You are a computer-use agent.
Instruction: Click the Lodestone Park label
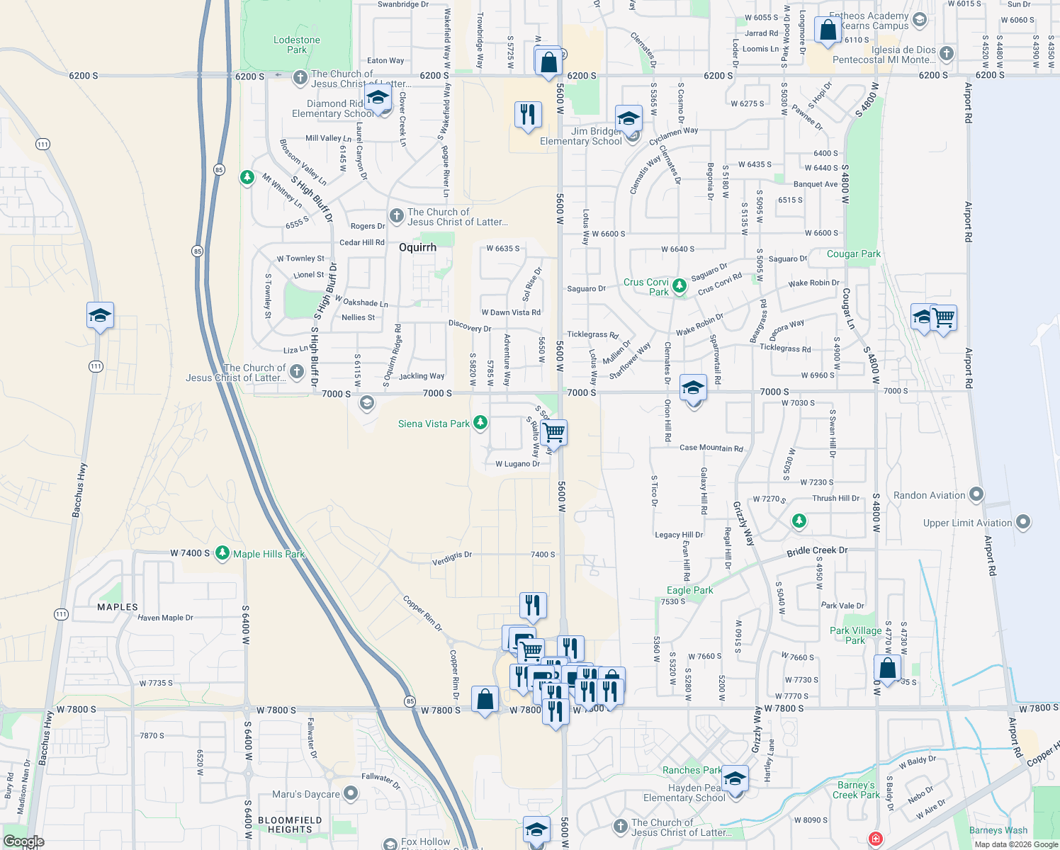[x=297, y=45]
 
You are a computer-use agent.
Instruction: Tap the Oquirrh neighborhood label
[x=417, y=247]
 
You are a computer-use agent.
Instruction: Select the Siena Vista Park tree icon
[x=480, y=423]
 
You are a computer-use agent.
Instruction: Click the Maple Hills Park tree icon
[x=222, y=552]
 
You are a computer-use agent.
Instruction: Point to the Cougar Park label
[x=854, y=254]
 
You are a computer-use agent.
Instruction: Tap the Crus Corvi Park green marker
[x=680, y=286]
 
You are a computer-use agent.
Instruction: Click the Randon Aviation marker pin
[x=976, y=494]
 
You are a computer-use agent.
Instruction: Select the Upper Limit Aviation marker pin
[x=1023, y=523]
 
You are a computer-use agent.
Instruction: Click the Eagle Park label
[x=689, y=590]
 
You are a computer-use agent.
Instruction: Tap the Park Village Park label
[x=855, y=635]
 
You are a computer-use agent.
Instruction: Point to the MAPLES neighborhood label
[x=118, y=607]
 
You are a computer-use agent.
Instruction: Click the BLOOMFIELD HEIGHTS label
[x=290, y=824]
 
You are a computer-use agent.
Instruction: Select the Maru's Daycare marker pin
[x=350, y=793]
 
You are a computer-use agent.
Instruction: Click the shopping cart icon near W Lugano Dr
[x=554, y=432]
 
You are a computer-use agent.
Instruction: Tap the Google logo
[x=23, y=841]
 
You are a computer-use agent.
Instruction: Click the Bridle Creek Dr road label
[x=817, y=550]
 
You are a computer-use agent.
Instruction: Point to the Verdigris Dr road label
[x=452, y=559]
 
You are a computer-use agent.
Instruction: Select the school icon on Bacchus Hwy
[x=100, y=316]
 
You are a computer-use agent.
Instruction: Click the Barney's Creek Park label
[x=856, y=790]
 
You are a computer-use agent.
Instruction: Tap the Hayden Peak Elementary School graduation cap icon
[x=735, y=779]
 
